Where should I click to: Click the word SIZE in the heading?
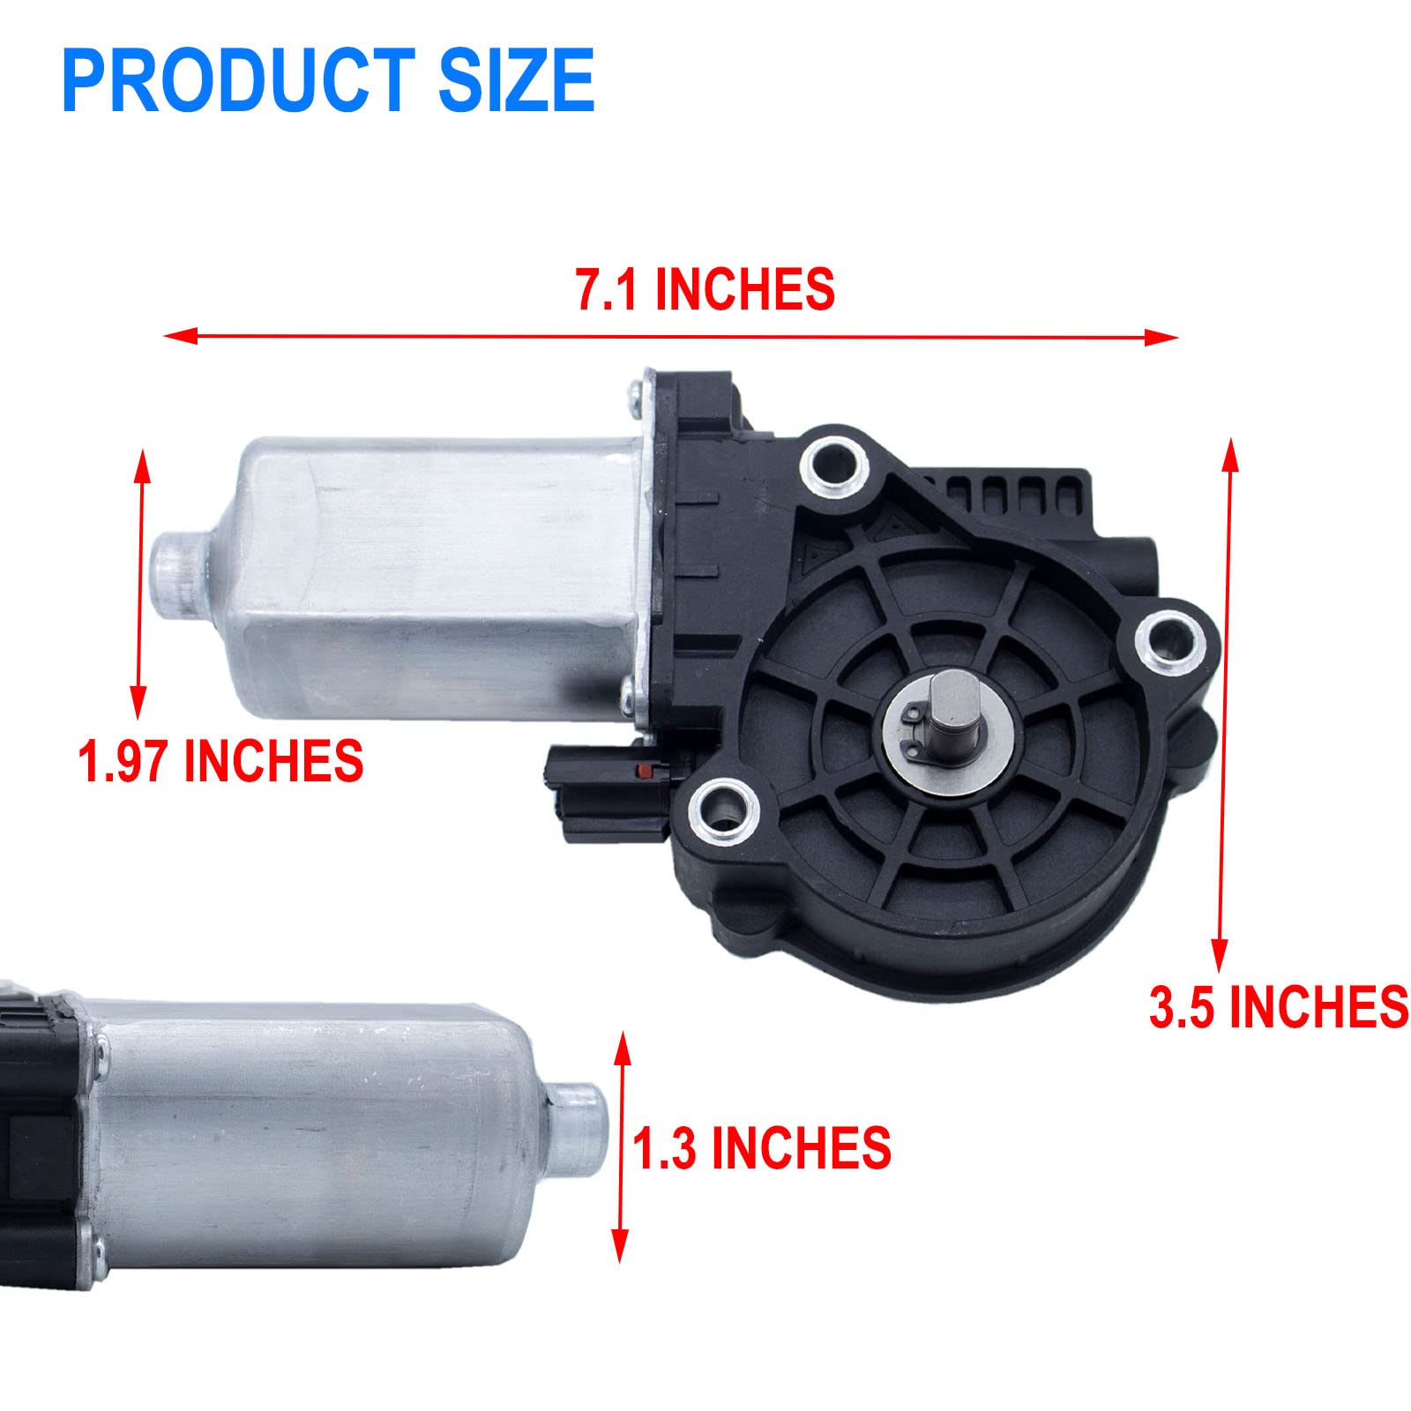[x=516, y=80]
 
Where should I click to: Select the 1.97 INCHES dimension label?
[x=220, y=761]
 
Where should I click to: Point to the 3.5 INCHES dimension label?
[x=1278, y=1007]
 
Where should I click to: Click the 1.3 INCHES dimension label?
[x=762, y=1148]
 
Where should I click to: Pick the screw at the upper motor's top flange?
[x=635, y=393]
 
